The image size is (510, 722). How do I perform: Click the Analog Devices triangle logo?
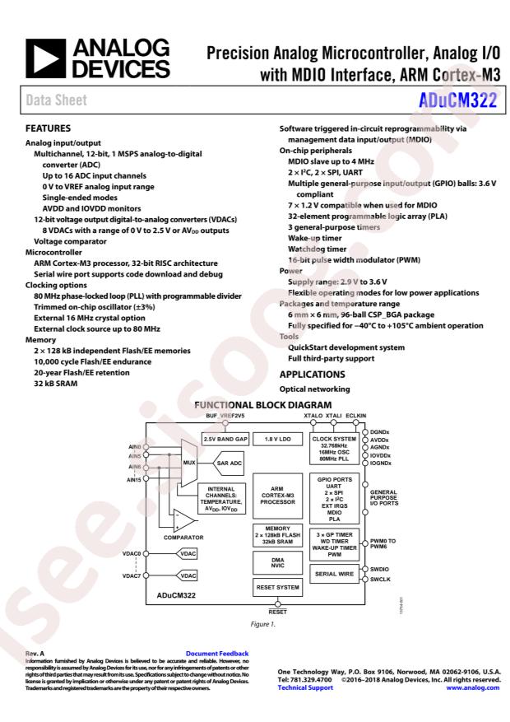45,58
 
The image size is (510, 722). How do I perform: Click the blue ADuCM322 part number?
457,100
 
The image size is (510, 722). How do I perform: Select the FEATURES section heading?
49,128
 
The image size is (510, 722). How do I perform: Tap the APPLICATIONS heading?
313,375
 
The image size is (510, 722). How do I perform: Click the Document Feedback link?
217,654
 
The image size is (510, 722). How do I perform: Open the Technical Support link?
305,687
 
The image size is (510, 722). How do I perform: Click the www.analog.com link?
473,687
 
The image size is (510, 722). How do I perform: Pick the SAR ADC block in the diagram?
228,463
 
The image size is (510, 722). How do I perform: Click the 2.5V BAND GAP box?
225,439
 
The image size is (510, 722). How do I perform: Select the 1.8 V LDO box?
278,439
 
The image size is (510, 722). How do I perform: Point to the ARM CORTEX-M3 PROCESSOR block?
278,496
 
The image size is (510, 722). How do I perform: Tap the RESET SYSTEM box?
278,588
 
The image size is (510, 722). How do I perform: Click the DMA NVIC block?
278,562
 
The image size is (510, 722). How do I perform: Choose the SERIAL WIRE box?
334,574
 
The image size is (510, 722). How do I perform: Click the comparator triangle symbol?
184,521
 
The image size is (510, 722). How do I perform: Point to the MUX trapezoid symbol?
188,463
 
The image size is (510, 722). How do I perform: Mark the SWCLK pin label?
380,580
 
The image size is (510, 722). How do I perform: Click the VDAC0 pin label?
132,553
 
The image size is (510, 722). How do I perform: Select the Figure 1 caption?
263,624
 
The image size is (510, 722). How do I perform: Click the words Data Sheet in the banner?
57,100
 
